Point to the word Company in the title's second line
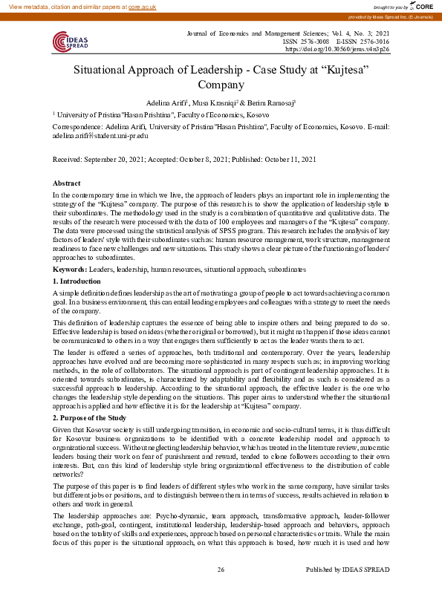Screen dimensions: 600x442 click(x=221, y=85)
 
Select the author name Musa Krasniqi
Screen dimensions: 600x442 click(x=215, y=102)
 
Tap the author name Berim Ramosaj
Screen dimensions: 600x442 click(x=274, y=102)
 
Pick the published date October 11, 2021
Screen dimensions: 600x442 click(x=291, y=160)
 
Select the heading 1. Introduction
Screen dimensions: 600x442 click(x=77, y=281)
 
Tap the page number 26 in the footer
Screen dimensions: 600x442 click(x=221, y=590)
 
